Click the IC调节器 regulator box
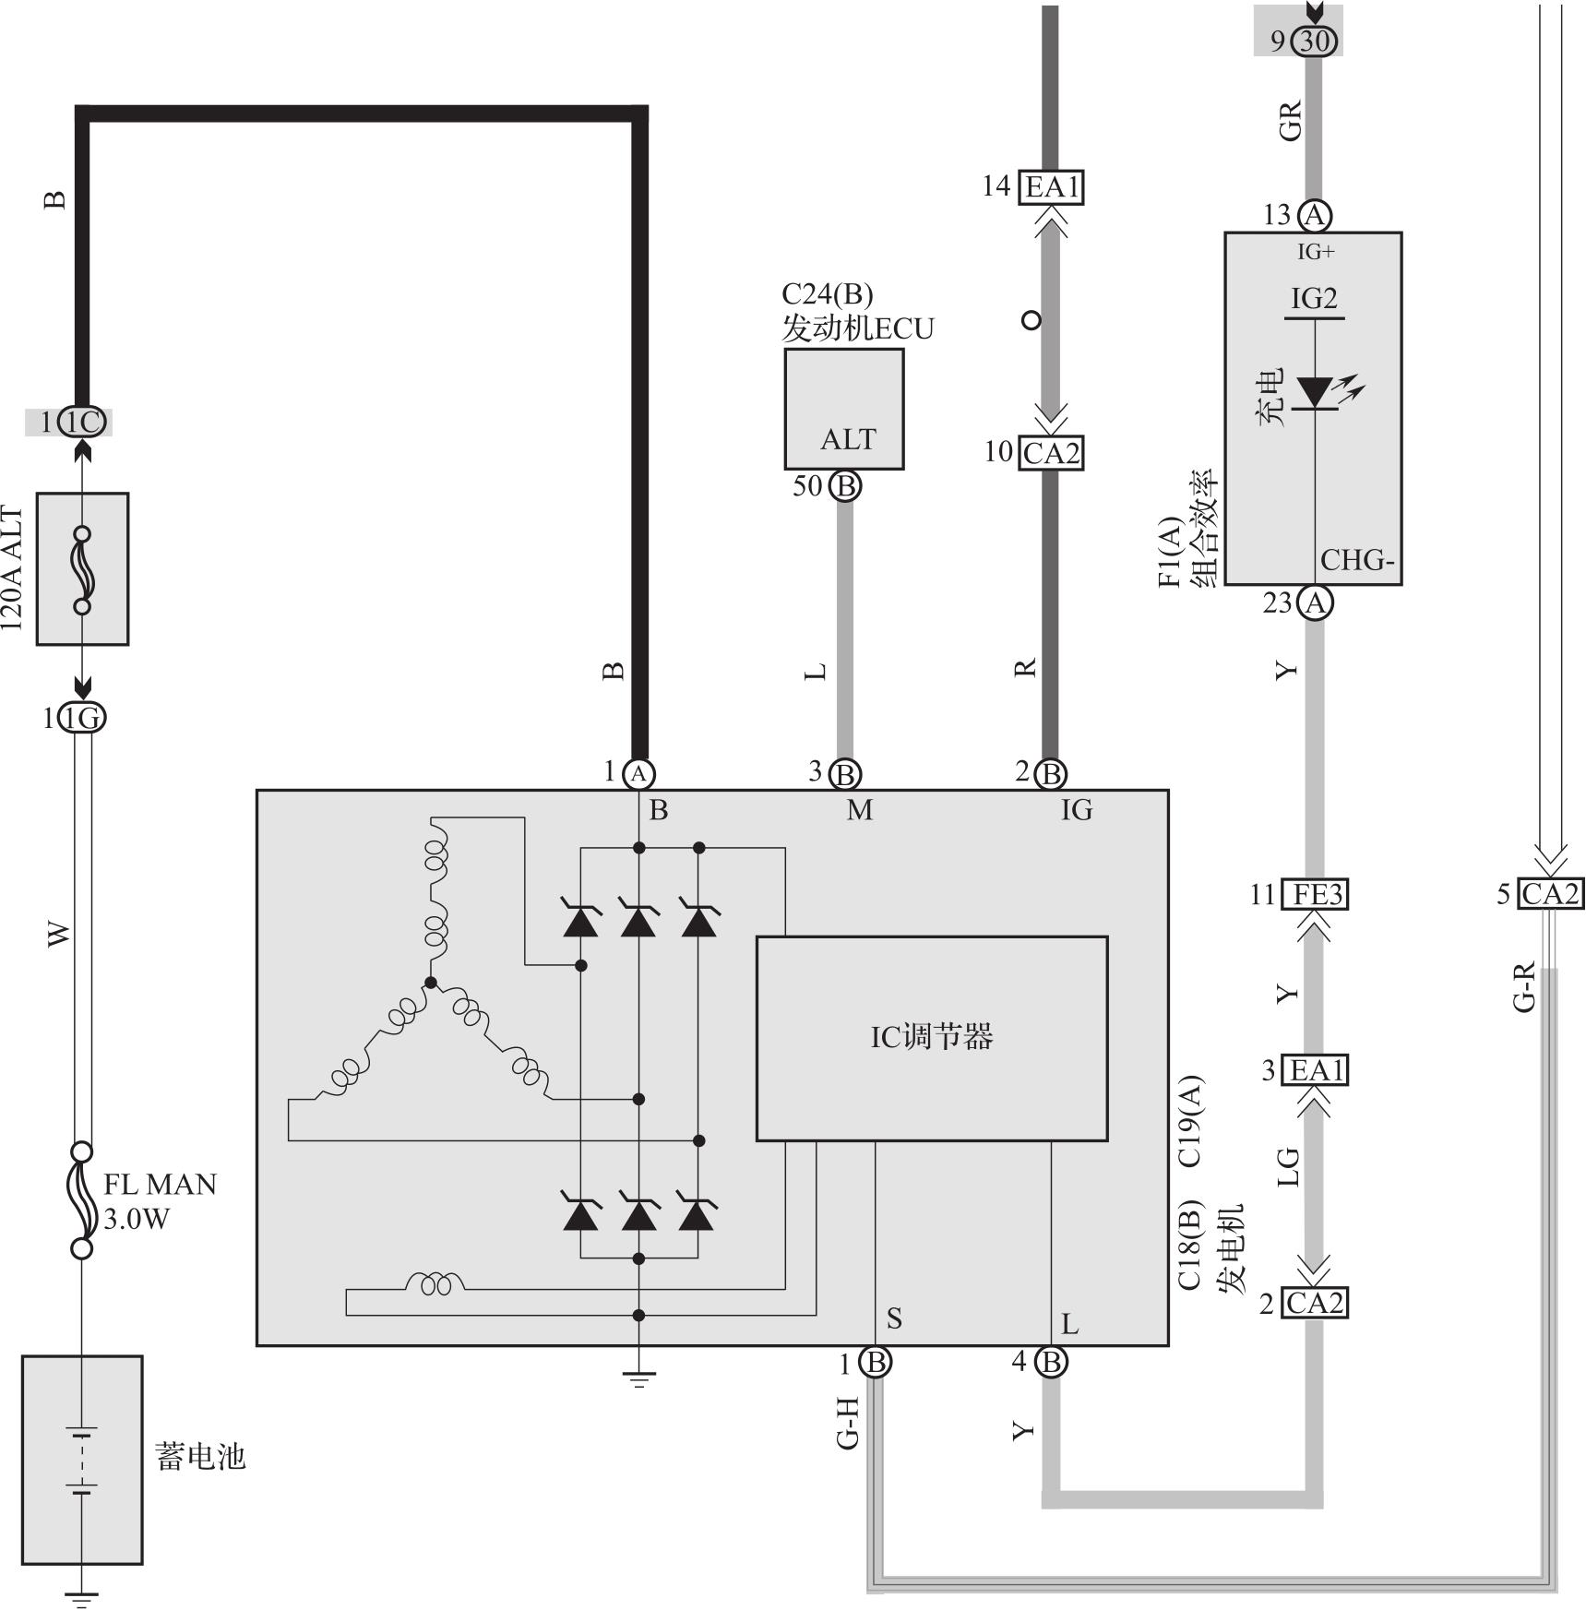(x=931, y=1038)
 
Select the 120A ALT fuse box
(x=82, y=568)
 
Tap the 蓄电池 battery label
(x=200, y=1457)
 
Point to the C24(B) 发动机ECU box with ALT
(x=843, y=409)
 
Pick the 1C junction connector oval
(x=82, y=423)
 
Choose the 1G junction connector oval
(x=82, y=718)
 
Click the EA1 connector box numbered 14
(x=1051, y=187)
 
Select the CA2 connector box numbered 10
(x=1051, y=453)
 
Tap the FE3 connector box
(x=1316, y=895)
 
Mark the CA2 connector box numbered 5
(x=1550, y=894)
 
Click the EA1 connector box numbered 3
(x=1316, y=1070)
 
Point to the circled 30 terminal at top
(x=1314, y=41)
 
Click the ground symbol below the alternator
(x=638, y=1379)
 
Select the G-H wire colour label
(x=848, y=1423)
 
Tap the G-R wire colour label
(x=1524, y=986)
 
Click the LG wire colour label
(x=1288, y=1166)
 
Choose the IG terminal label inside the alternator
(x=1076, y=810)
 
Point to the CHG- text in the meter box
(x=1356, y=560)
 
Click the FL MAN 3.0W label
(x=159, y=1201)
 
